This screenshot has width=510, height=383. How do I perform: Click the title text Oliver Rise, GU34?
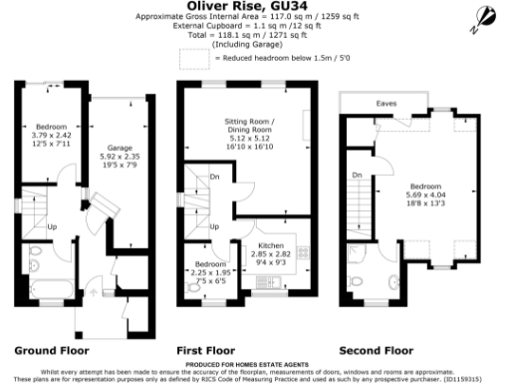(255, 7)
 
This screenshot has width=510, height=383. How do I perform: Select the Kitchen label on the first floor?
(271, 244)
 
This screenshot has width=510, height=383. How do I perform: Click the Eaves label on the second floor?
(382, 103)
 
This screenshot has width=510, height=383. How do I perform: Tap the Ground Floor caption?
(51, 351)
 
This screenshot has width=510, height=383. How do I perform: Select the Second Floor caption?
(377, 351)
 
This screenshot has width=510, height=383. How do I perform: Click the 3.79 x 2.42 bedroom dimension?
(52, 137)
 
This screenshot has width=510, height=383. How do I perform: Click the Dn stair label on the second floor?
(356, 176)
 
